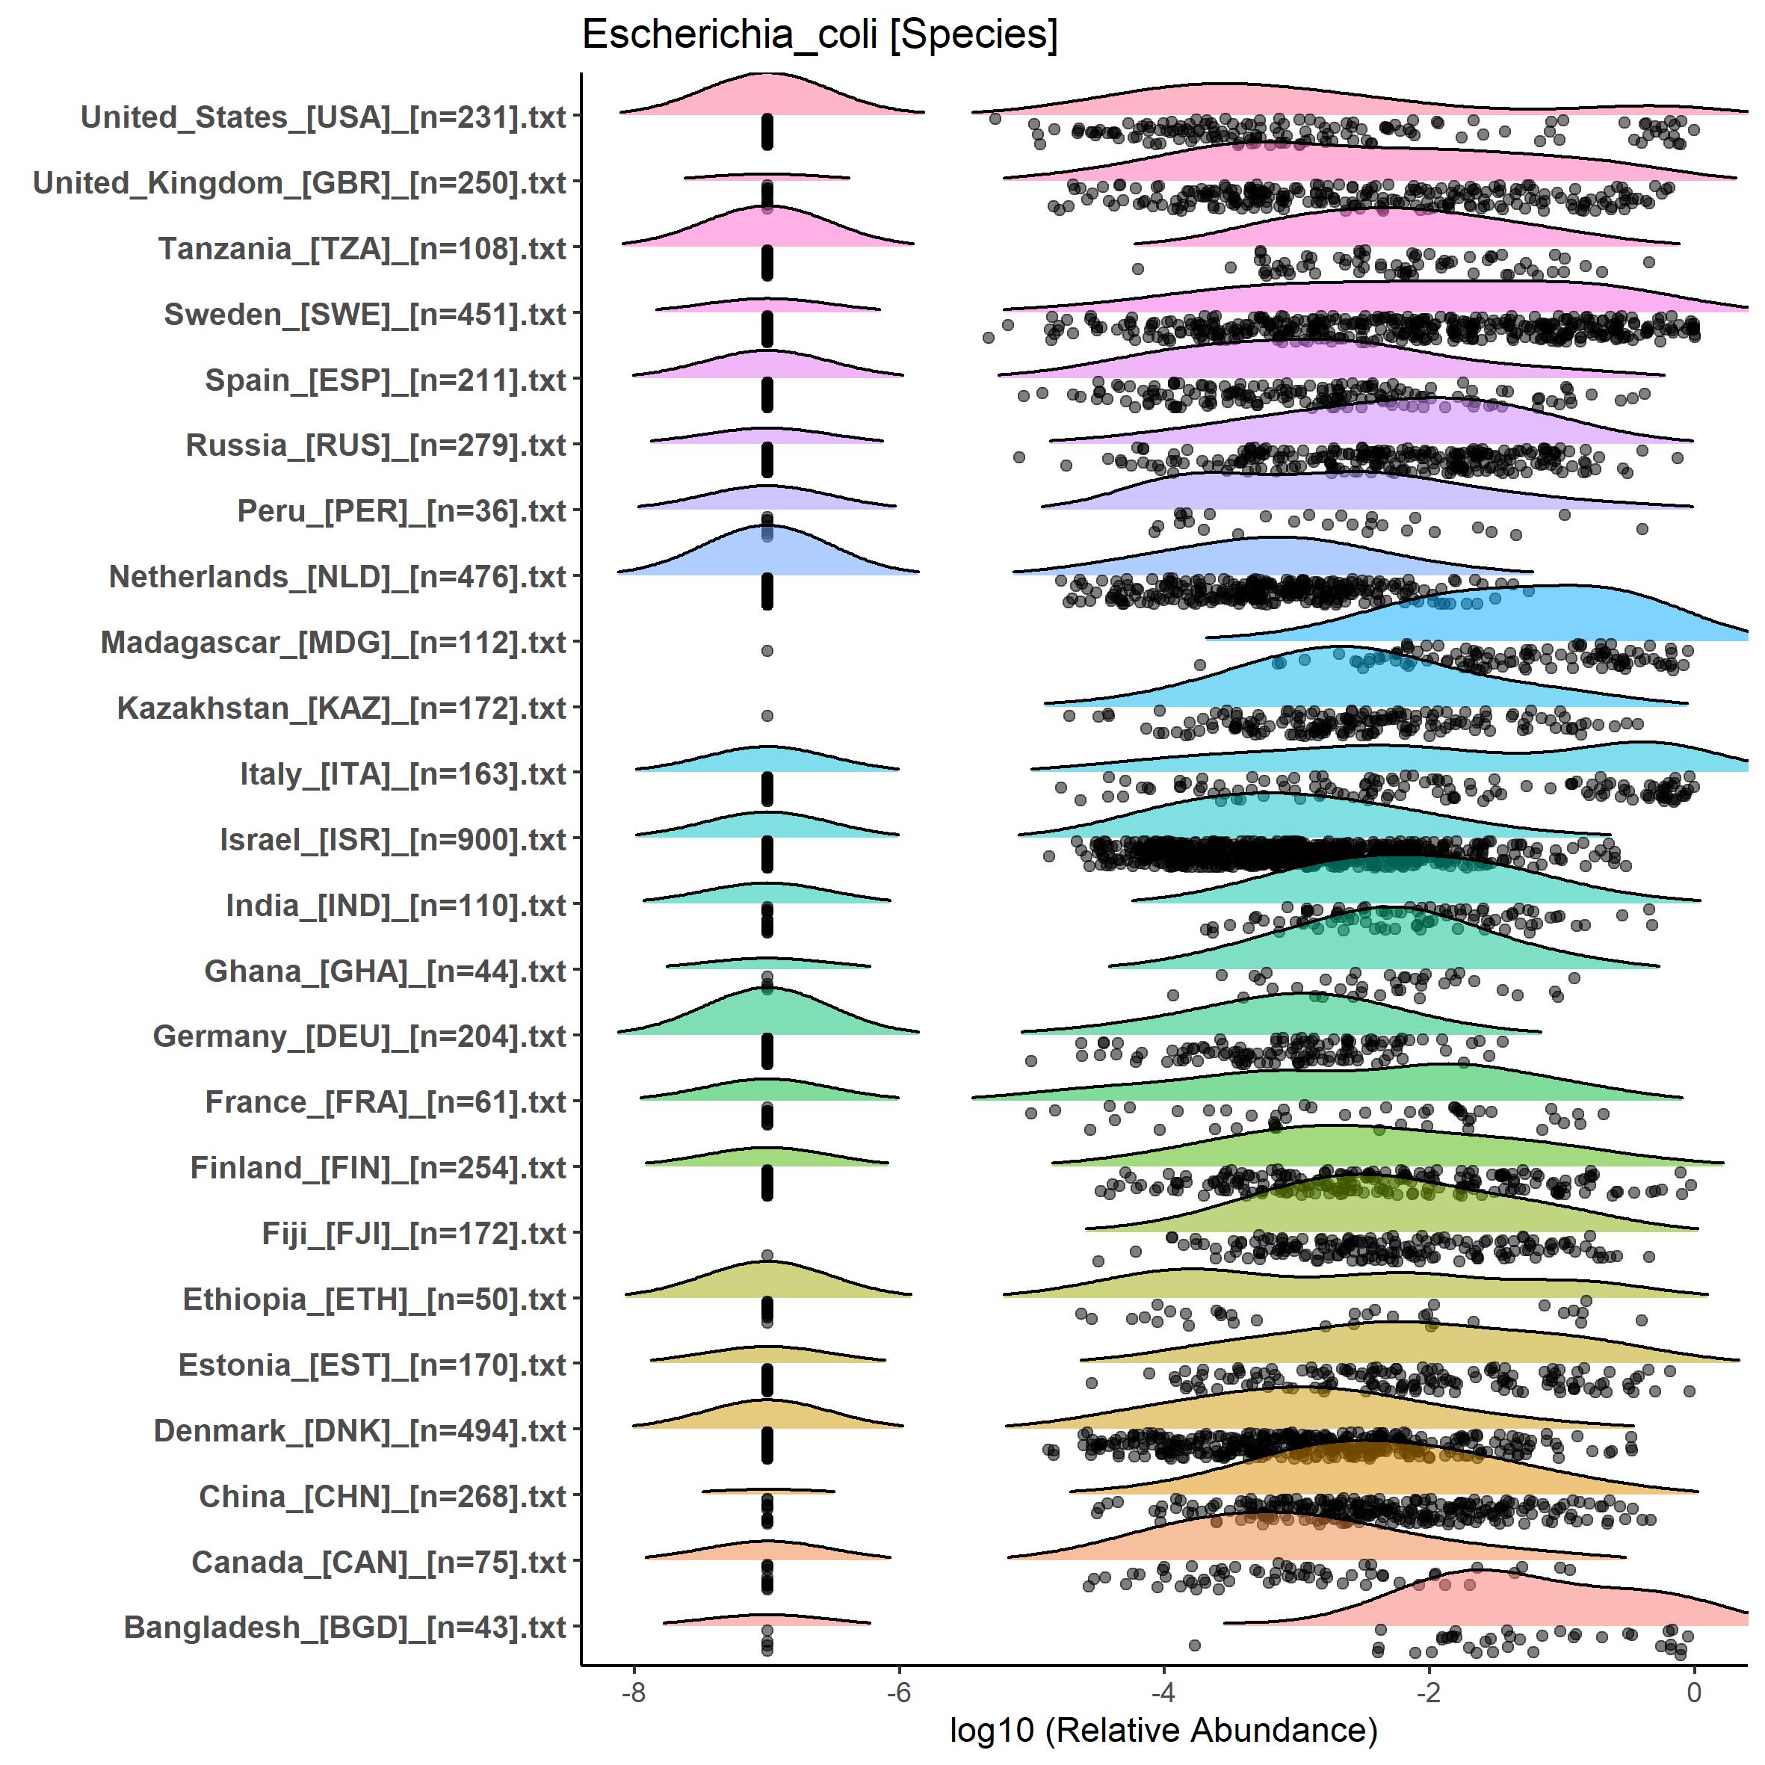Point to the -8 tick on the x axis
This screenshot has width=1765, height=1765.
[633, 1692]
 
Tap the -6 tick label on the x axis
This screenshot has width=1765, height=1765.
[899, 1692]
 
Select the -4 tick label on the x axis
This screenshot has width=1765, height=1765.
[1163, 1692]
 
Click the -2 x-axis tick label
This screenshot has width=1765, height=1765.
[1428, 1692]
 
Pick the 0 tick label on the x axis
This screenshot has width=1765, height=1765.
[1694, 1692]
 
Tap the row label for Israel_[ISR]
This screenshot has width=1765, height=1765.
[393, 840]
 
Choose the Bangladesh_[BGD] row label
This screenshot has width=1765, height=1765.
[344, 1627]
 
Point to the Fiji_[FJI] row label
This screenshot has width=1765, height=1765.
[414, 1233]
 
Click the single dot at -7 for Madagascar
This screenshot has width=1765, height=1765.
[767, 650]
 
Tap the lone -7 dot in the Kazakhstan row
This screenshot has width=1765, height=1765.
[767, 715]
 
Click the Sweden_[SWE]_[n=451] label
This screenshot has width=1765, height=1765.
[365, 315]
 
